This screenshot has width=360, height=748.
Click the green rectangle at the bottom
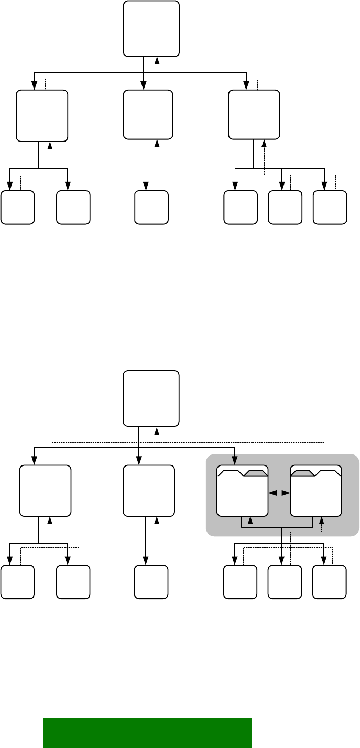click(x=147, y=732)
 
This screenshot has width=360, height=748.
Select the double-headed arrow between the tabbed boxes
click(x=279, y=493)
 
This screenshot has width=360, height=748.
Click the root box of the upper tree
click(x=151, y=29)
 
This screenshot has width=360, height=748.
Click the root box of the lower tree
click(x=151, y=398)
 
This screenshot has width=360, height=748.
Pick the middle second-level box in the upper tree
click(x=148, y=115)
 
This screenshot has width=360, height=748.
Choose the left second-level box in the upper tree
click(x=42, y=116)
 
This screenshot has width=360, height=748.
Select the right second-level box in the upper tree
click(x=254, y=115)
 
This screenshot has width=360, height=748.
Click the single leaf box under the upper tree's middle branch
click(x=151, y=207)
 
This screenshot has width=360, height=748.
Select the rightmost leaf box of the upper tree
click(x=330, y=207)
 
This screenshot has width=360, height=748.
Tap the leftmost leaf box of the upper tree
click(x=17, y=207)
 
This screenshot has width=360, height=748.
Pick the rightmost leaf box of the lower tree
click(x=330, y=582)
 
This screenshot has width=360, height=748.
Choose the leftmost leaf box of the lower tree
click(x=17, y=582)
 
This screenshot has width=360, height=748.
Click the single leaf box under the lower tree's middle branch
click(x=151, y=582)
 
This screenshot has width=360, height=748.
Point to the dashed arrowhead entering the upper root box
click(x=157, y=60)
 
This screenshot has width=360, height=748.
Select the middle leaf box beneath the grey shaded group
click(x=285, y=582)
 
